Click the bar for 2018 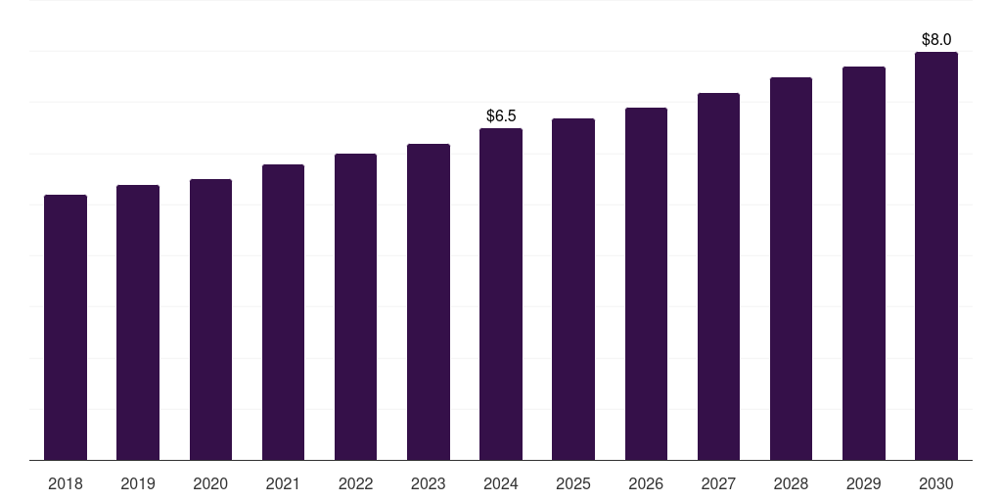click(x=66, y=327)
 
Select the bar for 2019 click(x=138, y=323)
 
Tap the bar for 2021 click(x=283, y=312)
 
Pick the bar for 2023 click(x=429, y=302)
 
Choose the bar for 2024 click(x=501, y=294)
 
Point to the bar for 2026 click(x=646, y=284)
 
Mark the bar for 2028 click(x=791, y=268)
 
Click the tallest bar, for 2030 click(x=936, y=255)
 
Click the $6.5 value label click(x=501, y=115)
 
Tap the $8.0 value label click(x=936, y=39)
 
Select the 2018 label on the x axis click(x=66, y=484)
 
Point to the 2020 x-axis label click(x=210, y=484)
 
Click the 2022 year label click(x=355, y=484)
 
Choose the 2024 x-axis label click(x=501, y=484)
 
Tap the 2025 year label click(x=573, y=484)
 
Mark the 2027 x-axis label click(x=718, y=484)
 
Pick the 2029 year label click(x=864, y=484)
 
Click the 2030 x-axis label click(x=936, y=484)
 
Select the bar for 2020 click(x=211, y=320)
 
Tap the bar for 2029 click(x=864, y=263)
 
